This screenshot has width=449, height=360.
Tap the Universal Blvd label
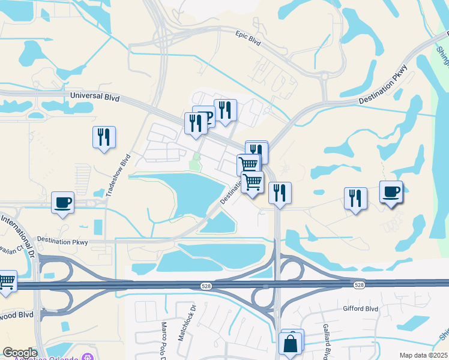pos(95,97)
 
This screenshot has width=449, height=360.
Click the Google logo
pos(20,353)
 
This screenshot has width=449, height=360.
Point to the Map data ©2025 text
pos(423,355)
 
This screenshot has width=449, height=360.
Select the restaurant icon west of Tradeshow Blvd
pos(104,137)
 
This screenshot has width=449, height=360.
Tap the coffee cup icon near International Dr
pos(62,203)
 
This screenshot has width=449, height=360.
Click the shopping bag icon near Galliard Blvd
pos(291,345)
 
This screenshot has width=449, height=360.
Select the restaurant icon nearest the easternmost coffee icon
pos(355,199)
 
